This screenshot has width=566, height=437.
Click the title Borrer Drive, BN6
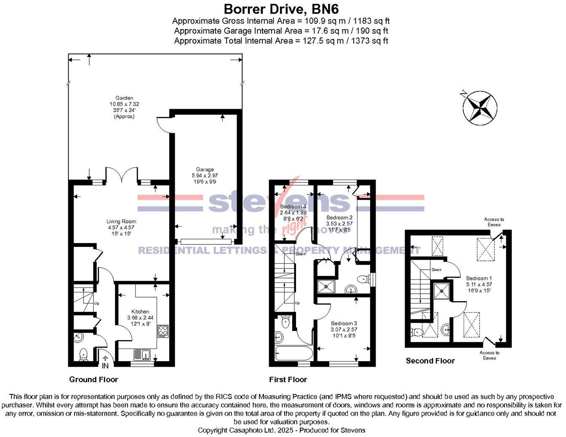(281, 8)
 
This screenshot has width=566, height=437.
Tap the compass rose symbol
(480, 108)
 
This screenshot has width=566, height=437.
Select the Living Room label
(121, 227)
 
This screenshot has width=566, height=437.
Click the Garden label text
(124, 107)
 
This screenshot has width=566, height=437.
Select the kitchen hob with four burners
(163, 331)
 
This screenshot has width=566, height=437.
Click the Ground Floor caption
(93, 379)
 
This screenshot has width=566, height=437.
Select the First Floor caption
(288, 379)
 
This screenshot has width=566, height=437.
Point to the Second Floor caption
(430, 361)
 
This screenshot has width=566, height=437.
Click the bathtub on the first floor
(294, 353)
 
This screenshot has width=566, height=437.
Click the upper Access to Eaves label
(494, 222)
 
